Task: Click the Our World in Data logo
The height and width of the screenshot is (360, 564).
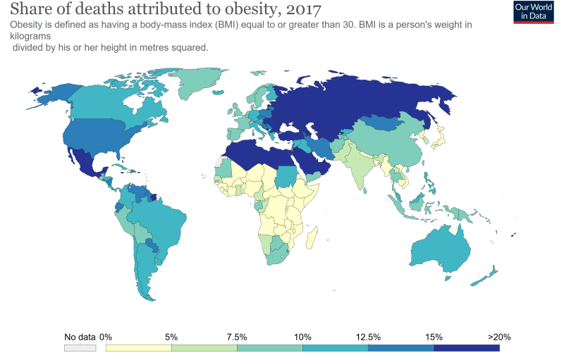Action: [x=533, y=12]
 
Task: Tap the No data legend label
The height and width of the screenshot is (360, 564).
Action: [x=80, y=337]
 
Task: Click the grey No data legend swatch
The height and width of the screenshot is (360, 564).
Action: [x=79, y=347]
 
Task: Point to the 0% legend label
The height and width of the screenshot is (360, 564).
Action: [x=106, y=337]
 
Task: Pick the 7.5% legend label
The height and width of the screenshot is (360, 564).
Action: [x=238, y=337]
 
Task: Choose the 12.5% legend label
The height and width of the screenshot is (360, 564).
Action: [x=368, y=337]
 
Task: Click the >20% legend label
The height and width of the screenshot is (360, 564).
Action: [x=498, y=337]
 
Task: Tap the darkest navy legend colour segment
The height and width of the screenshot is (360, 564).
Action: [x=466, y=347]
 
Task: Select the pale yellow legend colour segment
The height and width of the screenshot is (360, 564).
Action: [x=138, y=347]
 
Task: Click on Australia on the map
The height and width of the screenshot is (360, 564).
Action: [x=439, y=246]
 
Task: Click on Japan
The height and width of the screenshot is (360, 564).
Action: [x=439, y=137]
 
